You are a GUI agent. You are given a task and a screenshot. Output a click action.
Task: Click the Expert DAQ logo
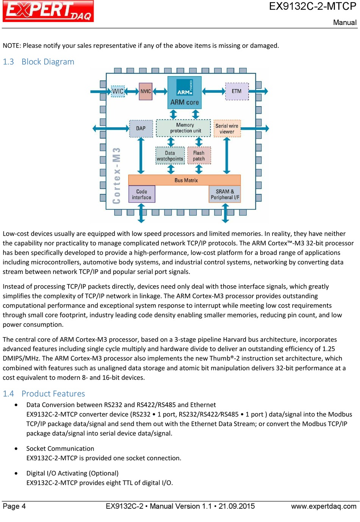pyautogui.click(x=48, y=11)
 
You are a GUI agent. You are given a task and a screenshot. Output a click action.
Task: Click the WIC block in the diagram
pyautogui.click(x=118, y=91)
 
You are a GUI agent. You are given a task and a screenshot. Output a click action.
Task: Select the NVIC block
pyautogui.click(x=146, y=91)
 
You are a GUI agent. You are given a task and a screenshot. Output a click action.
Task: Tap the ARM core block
pyautogui.click(x=185, y=92)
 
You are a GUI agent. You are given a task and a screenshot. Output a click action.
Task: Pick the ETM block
pyautogui.click(x=237, y=91)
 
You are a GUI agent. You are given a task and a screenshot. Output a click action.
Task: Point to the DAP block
pyautogui.click(x=141, y=128)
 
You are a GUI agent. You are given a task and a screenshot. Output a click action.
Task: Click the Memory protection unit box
pyautogui.click(x=183, y=128)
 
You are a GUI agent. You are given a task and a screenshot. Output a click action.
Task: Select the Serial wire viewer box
pyautogui.click(x=227, y=128)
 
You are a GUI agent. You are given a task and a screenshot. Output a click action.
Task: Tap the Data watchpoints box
pyautogui.click(x=170, y=156)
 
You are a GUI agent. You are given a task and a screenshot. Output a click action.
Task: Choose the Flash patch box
pyautogui.click(x=199, y=156)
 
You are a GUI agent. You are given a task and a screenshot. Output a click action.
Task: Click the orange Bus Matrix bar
pyautogui.click(x=185, y=180)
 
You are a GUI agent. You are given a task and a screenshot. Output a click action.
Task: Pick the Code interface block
pyautogui.click(x=142, y=194)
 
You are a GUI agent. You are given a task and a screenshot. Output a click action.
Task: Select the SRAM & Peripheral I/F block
pyautogui.click(x=225, y=194)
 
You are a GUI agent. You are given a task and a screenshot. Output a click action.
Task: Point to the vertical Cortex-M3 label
pyautogui.click(x=116, y=176)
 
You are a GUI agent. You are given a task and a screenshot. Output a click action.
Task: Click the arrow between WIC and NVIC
pyautogui.click(x=132, y=91)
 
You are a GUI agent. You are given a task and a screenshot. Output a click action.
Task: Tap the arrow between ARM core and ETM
pyautogui.click(x=214, y=91)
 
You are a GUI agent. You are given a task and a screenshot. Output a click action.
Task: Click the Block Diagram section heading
pyautogui.click(x=39, y=62)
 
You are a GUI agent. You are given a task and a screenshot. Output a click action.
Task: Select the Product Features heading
pyautogui.click(x=44, y=394)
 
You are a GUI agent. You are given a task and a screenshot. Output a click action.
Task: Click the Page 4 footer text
pyautogui.click(x=14, y=506)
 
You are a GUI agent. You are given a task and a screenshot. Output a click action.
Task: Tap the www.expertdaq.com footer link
pyautogui.click(x=324, y=506)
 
